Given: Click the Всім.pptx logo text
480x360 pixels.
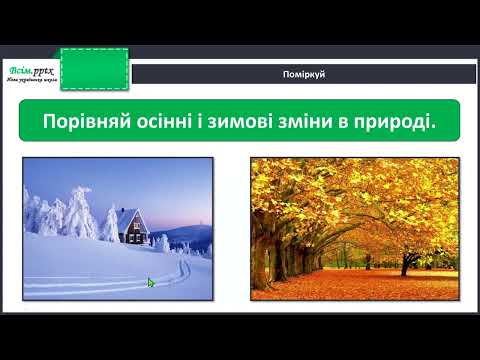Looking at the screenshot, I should [x=30, y=69].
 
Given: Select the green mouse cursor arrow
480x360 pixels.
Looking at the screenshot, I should [x=151, y=283].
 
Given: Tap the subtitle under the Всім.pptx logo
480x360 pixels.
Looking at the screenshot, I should [x=32, y=81].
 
